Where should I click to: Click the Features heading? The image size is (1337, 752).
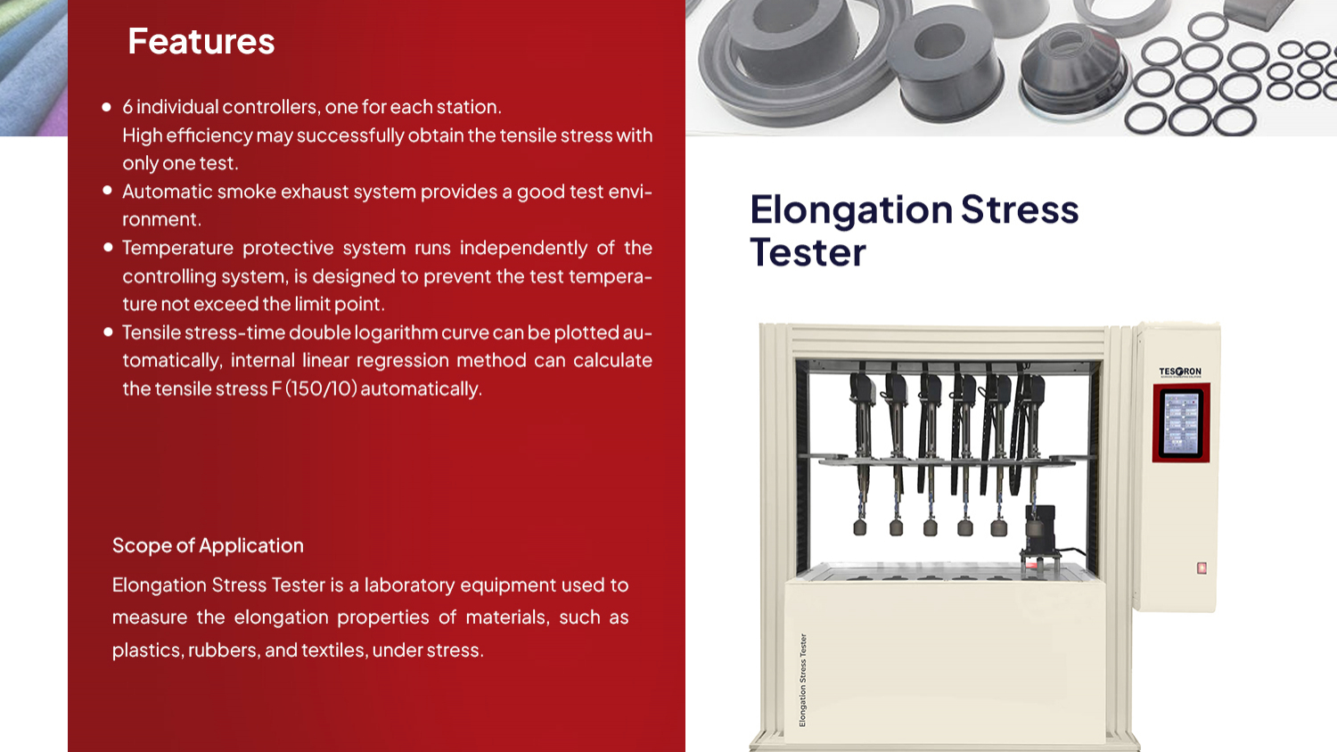coord(201,42)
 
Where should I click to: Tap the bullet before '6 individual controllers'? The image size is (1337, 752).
coord(107,107)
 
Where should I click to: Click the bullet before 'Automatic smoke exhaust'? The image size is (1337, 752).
coord(107,191)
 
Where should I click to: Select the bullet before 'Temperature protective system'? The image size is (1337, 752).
coord(107,247)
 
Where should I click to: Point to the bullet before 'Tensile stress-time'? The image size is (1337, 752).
coord(107,331)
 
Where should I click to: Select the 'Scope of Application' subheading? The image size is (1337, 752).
coord(208,545)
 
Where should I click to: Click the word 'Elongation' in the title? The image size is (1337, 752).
coord(851,210)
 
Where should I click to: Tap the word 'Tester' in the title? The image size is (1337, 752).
coord(808,253)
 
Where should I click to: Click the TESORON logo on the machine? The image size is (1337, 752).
coord(1180,372)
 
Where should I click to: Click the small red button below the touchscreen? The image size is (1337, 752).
coord(1202,568)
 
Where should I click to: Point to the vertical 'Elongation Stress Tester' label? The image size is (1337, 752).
coord(802,680)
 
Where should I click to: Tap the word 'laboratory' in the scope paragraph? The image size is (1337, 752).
coord(409,585)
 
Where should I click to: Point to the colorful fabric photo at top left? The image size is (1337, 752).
coord(33,68)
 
